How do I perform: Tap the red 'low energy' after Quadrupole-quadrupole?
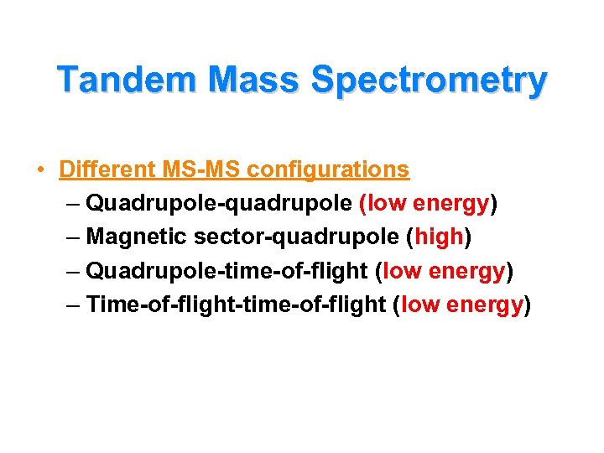click(x=424, y=204)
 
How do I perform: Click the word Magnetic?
click(x=137, y=237)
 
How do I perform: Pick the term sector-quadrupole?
click(x=296, y=237)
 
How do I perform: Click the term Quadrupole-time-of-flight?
click(x=227, y=271)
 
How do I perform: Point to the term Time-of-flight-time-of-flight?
click(x=236, y=305)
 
